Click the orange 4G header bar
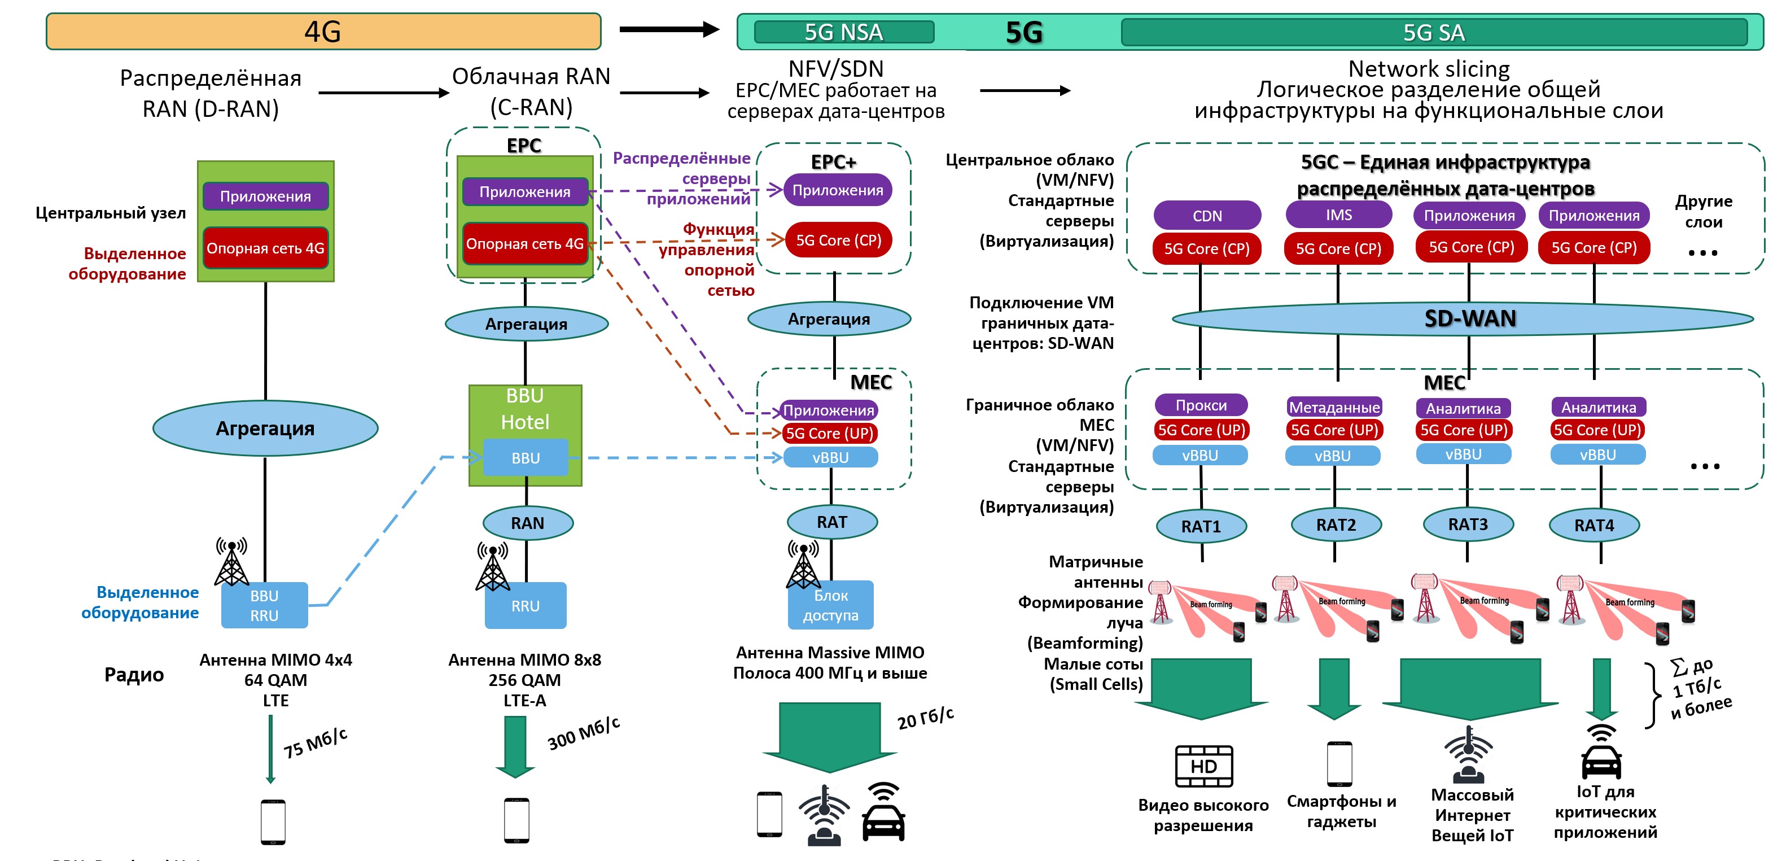323,32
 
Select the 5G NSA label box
843,32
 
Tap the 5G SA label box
1434,32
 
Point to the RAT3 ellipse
1468,525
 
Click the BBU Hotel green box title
525,409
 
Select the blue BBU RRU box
264,606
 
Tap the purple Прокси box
1201,405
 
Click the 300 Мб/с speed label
583,733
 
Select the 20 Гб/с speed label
925,717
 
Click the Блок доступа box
830,606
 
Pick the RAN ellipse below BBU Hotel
527,523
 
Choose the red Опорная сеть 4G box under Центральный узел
265,248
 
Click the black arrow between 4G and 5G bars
668,29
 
